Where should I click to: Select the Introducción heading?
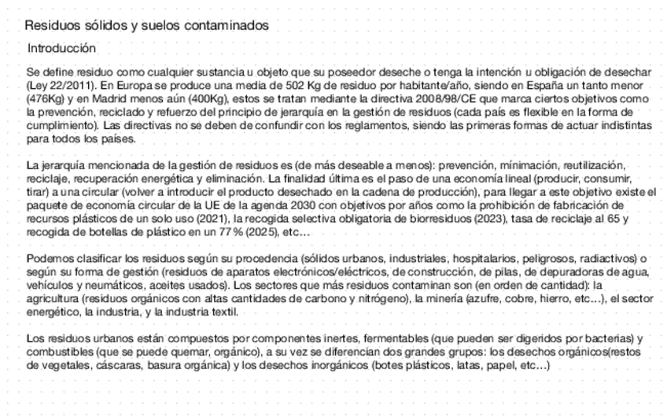[x=61, y=49]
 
